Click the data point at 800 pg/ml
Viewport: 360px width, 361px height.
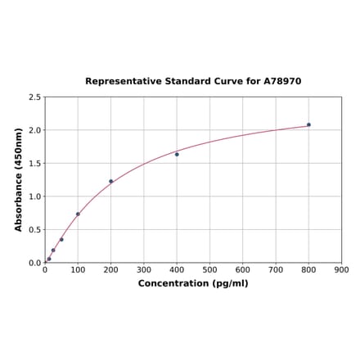point(308,124)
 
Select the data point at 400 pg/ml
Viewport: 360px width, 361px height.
point(177,154)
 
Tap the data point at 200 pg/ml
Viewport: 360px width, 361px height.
point(111,181)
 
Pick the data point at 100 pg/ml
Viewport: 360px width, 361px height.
point(78,214)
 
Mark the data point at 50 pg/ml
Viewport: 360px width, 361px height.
point(61,239)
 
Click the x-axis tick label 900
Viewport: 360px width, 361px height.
point(341,269)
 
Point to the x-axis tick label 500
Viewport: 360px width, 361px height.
point(209,269)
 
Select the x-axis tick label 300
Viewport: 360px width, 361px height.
point(144,269)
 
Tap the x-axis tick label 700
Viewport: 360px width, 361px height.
point(276,269)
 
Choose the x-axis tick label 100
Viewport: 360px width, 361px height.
point(78,269)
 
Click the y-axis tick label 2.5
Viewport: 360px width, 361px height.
point(35,97)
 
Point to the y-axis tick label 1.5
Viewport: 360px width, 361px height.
point(35,164)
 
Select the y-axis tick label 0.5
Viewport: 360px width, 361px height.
point(35,230)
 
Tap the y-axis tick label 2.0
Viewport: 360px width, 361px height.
point(35,130)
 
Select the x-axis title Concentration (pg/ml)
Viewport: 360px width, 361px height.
point(193,283)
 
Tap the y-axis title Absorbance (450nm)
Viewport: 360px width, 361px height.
point(19,179)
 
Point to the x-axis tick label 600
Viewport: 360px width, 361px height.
point(243,269)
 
